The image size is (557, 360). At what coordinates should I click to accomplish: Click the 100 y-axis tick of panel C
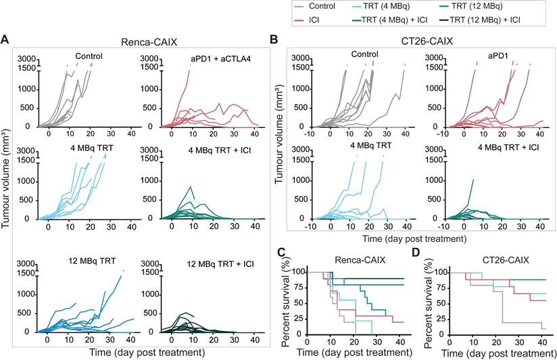(x=303, y=272)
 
